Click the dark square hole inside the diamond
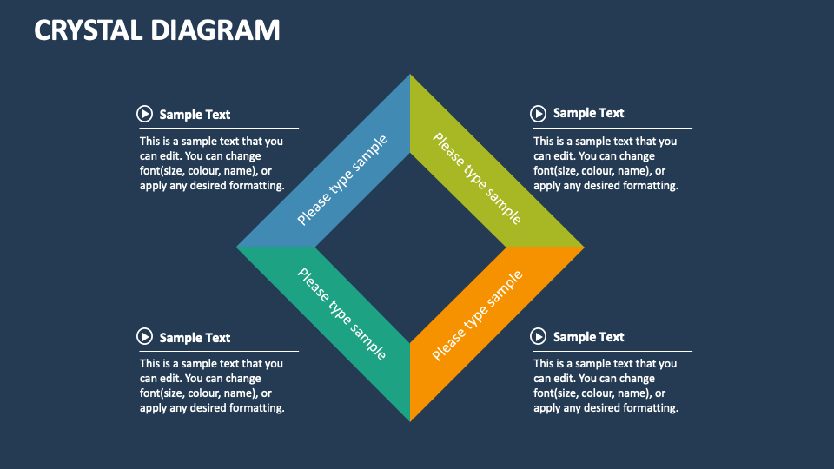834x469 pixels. coord(410,247)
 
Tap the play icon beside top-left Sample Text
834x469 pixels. coord(144,114)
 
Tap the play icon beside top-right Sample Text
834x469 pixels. coord(539,113)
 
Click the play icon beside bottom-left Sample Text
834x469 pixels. coord(144,337)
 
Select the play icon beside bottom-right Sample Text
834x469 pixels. coord(539,336)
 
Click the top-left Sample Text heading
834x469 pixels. coord(195,114)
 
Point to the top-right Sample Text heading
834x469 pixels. coord(588,113)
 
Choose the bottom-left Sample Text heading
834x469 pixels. coord(195,337)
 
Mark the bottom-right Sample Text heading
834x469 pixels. coord(588,336)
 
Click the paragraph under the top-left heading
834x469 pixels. coord(212,163)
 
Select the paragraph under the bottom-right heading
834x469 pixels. coord(606,386)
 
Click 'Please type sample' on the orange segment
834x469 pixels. coord(477,314)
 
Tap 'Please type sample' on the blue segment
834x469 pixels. coord(342,181)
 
